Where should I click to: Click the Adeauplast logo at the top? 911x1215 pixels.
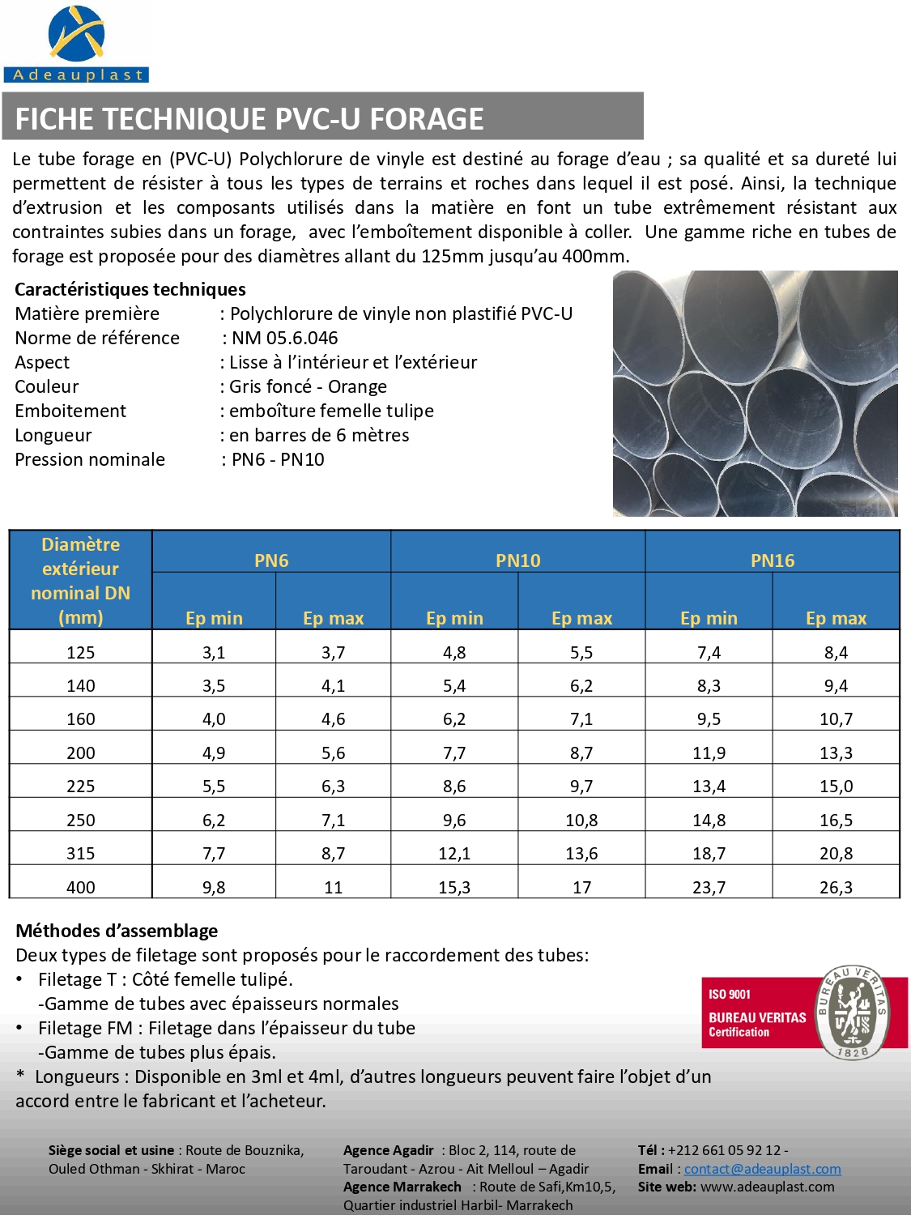[76, 44]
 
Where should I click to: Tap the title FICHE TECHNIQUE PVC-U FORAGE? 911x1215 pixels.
[249, 119]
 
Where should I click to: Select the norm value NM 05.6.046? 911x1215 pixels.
[284, 338]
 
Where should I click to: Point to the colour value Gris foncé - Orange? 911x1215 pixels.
[308, 386]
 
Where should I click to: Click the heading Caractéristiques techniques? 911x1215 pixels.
[130, 289]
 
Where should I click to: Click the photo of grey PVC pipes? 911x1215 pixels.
[755, 394]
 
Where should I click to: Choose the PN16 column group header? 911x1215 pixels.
[773, 561]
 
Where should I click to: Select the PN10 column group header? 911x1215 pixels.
[517, 561]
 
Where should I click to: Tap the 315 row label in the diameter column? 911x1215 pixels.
[81, 853]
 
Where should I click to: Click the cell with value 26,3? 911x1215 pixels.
[836, 887]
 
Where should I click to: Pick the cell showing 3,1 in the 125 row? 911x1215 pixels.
[214, 652]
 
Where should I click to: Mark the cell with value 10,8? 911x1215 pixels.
[581, 820]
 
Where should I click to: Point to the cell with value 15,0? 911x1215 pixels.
[836, 786]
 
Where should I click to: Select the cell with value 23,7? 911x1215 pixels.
[709, 887]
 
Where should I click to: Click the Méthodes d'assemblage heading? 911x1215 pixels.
[117, 931]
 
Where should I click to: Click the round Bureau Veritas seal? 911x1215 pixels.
[853, 1013]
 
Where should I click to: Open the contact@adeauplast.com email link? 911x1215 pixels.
[762, 1169]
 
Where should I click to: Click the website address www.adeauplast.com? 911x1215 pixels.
[767, 1187]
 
